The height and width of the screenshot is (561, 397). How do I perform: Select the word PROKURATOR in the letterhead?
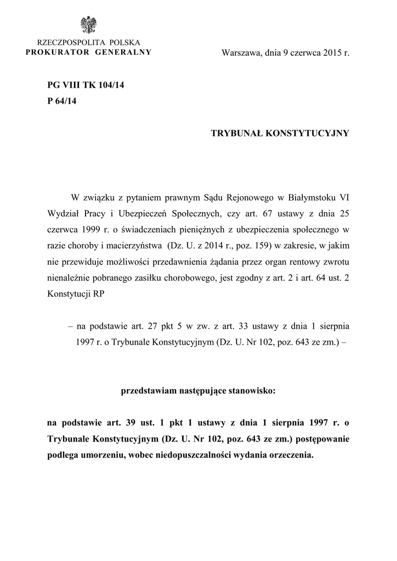(52, 52)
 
